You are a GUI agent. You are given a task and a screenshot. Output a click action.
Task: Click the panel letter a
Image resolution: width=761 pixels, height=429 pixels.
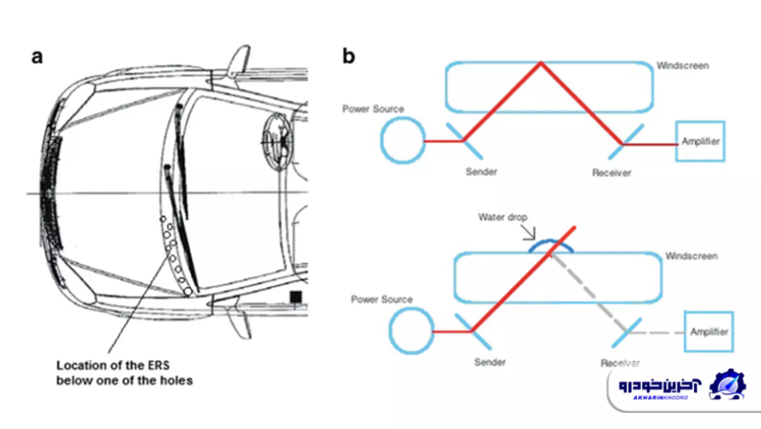(37, 57)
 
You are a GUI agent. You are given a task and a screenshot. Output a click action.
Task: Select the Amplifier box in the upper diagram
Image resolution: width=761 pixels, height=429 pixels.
(701, 141)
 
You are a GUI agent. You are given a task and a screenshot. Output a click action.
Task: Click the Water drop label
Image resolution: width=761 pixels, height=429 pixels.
(502, 217)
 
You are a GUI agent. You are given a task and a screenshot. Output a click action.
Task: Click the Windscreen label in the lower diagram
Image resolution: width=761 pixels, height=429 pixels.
(692, 257)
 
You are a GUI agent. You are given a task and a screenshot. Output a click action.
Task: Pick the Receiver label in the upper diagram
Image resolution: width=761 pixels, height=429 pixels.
(611, 172)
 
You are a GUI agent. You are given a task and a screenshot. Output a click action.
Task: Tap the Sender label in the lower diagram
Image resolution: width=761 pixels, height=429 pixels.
(491, 361)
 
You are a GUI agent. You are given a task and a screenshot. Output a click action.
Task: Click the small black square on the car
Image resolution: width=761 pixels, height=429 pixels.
(296, 297)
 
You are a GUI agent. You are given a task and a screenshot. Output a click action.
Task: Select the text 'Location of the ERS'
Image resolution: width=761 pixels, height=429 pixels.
(111, 364)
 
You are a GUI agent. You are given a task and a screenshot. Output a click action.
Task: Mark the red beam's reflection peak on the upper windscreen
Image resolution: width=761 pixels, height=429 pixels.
(540, 63)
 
